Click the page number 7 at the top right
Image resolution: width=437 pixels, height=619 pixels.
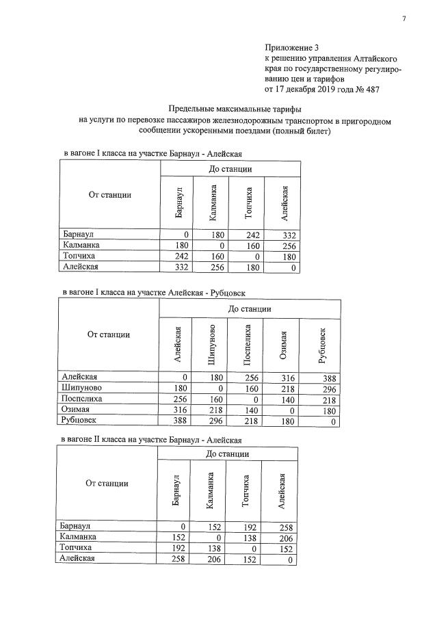pyautogui.click(x=403, y=18)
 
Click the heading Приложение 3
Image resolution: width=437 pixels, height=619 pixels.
pyautogui.click(x=292, y=48)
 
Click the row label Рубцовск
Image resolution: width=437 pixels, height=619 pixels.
pyautogui.click(x=79, y=421)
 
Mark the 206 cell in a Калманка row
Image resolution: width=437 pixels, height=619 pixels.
pyautogui.click(x=284, y=538)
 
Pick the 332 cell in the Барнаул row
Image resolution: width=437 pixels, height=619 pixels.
pyautogui.click(x=287, y=235)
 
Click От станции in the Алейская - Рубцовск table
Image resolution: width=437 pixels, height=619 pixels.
pyautogui.click(x=109, y=334)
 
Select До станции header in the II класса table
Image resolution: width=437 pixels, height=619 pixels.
pyautogui.click(x=226, y=454)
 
